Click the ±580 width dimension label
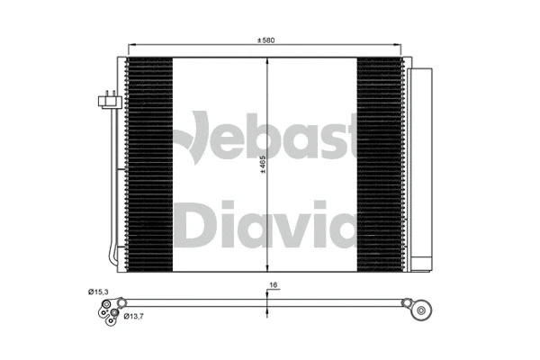point(267,39)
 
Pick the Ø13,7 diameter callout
point(134,316)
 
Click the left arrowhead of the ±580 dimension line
point(132,47)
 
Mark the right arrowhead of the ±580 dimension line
point(401,47)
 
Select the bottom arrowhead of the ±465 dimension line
point(267,267)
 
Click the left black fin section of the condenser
point(148,165)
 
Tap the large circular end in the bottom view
point(418,310)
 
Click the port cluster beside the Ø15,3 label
point(105,311)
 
